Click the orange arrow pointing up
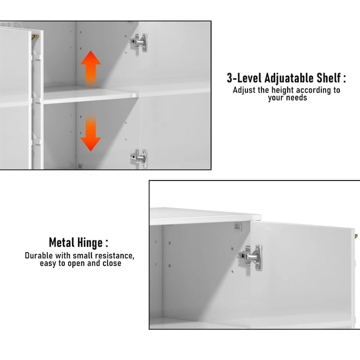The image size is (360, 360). [91, 68]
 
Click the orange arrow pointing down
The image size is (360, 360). [91, 133]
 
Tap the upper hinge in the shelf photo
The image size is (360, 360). [139, 43]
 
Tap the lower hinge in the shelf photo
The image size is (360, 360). [139, 158]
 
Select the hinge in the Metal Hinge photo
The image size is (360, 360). [250, 257]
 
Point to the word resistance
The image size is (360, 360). [115, 256]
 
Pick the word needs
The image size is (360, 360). [297, 98]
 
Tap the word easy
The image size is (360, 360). [48, 264]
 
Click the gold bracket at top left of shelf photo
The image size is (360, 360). [35, 37]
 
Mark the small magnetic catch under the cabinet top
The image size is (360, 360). [238, 226]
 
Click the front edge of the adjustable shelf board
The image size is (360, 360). [91, 100]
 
